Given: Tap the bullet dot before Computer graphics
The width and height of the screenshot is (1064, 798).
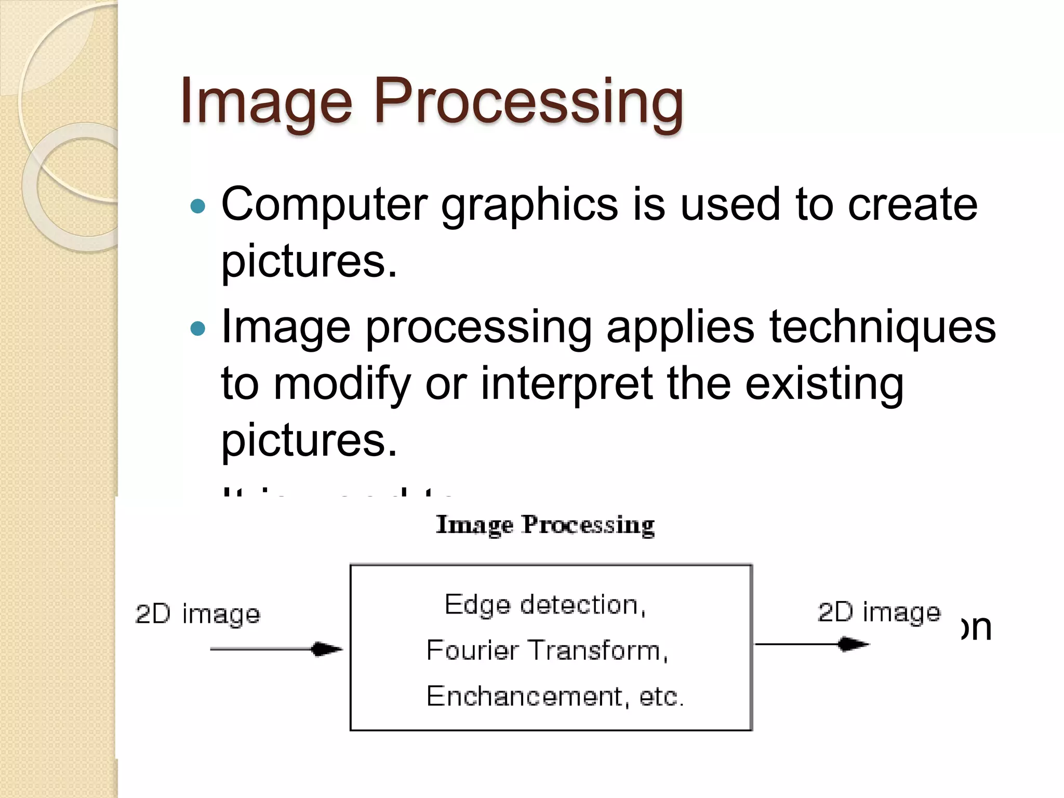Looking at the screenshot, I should [x=198, y=207].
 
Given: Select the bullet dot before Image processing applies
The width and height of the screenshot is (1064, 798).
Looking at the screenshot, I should [x=198, y=329].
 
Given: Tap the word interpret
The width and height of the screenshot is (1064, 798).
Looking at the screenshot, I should [x=566, y=384].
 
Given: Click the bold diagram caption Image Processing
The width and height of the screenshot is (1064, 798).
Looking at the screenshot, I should [x=545, y=525].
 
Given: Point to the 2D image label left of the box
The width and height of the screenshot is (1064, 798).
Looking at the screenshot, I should [x=197, y=614].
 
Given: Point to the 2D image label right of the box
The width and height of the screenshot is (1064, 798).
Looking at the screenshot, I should [x=879, y=612].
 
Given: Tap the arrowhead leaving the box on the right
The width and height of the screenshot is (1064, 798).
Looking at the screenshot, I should [x=854, y=644].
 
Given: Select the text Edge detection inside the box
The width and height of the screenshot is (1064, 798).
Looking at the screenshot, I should [x=545, y=605].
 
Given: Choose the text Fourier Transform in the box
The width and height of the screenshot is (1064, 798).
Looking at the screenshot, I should [x=547, y=650].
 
